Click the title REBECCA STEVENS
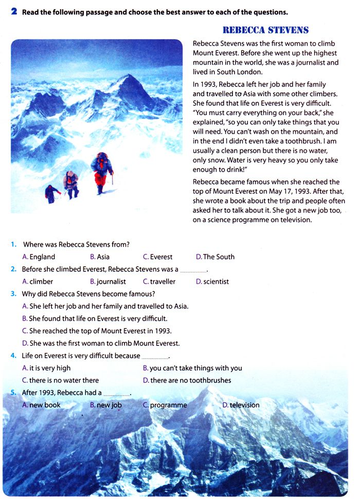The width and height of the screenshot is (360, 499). coord(266,31)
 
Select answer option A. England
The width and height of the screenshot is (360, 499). coord(39,257)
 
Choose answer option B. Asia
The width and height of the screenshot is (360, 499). coord(100,257)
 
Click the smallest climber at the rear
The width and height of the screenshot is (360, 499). coord(51,194)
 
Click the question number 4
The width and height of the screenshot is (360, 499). coord(13,356)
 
